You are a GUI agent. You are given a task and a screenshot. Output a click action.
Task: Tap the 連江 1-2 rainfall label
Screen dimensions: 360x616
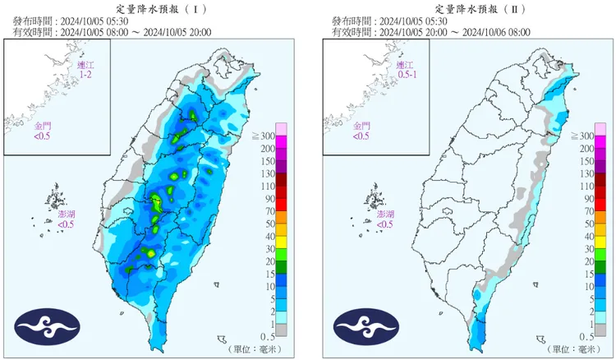(85, 70)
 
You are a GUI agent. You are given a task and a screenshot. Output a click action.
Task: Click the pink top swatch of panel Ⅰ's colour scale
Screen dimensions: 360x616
(280, 128)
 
